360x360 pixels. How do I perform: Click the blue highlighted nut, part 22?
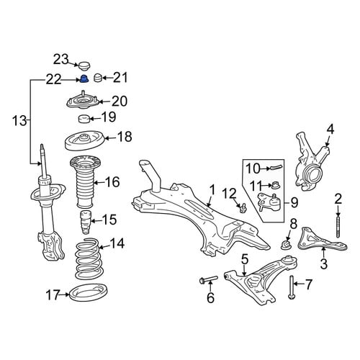[84, 78]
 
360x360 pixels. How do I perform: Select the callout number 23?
[60, 59]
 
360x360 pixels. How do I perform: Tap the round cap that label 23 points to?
[84, 66]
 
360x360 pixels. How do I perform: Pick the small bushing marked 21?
[98, 78]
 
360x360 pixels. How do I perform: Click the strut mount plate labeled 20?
[82, 101]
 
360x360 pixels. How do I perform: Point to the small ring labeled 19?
[84, 119]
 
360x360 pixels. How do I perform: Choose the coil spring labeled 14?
[88, 259]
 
